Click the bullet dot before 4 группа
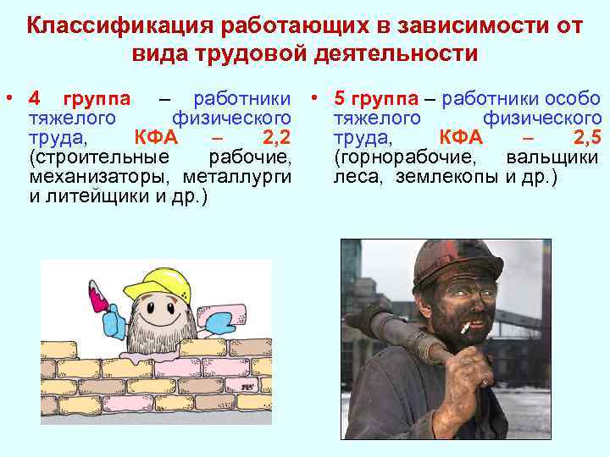(11, 98)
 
